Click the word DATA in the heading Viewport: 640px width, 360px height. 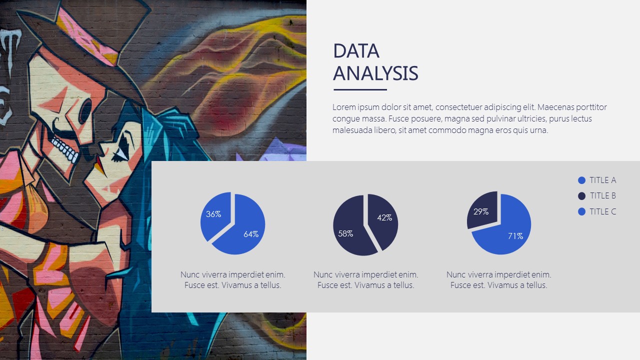[356, 51]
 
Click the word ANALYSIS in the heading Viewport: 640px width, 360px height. [375, 73]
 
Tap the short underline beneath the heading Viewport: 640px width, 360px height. [360, 89]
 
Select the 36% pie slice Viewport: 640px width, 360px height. [215, 215]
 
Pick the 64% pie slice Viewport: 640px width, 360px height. [243, 228]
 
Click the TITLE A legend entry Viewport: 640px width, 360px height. [597, 180]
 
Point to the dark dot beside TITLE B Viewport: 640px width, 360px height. [581, 196]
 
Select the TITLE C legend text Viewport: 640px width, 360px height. [603, 211]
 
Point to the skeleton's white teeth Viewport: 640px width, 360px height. [65, 149]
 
